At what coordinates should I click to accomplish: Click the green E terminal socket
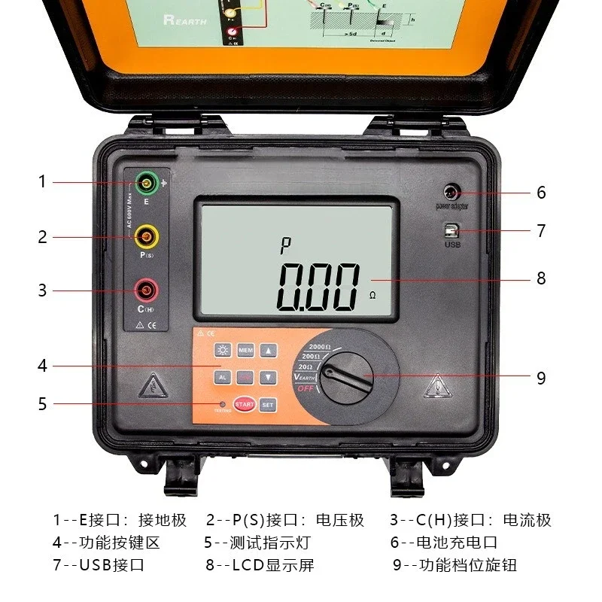pos(145,182)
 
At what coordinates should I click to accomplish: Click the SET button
pos(268,404)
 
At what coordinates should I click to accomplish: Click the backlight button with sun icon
pos(223,351)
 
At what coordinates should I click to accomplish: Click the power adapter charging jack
pos(452,191)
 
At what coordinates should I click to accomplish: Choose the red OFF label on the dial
pos(304,388)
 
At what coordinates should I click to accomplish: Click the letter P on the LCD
pos(285,244)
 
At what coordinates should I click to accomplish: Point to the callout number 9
pos(540,377)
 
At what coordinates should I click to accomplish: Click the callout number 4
pos(43,366)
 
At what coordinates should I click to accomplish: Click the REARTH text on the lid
pos(184,20)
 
